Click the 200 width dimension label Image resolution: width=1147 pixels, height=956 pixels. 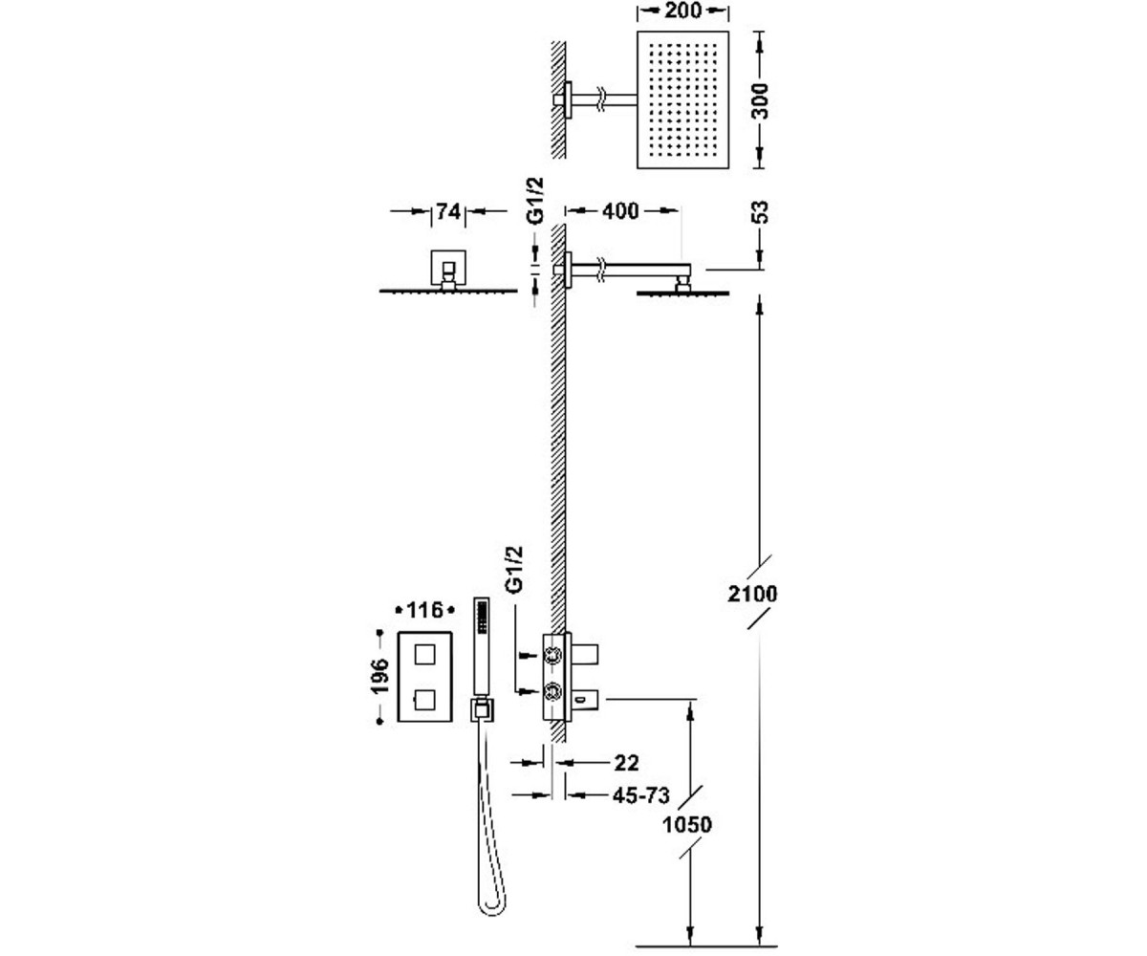coord(682,10)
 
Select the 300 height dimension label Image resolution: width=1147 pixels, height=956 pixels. coord(760,101)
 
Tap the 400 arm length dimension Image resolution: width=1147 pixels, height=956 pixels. coord(620,211)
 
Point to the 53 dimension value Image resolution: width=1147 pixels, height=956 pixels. coord(760,212)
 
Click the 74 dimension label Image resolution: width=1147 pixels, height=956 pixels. coord(447,211)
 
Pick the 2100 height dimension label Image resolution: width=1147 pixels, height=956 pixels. coord(752,594)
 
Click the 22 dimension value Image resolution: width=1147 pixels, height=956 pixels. coord(627,763)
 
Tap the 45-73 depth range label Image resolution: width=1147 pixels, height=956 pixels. coord(641,795)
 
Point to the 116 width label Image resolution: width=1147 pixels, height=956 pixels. coord(425,610)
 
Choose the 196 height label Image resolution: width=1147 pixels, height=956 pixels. coord(379,676)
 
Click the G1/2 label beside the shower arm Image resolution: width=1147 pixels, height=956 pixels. coord(534,201)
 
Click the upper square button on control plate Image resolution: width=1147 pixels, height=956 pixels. coord(425,655)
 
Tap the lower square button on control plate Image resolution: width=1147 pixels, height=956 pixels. coord(425,701)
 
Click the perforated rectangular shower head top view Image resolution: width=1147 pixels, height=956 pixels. coord(682,99)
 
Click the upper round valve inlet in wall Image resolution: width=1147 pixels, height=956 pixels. coord(552,655)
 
